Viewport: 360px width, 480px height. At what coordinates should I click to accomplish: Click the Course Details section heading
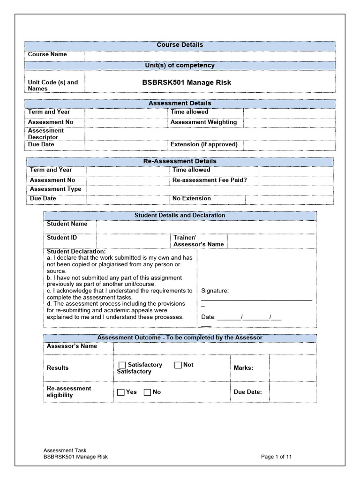180,45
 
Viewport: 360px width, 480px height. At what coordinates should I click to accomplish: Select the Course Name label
47,54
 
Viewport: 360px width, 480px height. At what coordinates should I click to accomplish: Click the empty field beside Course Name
210,56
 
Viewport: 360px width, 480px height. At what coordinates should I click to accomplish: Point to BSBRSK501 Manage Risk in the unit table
187,82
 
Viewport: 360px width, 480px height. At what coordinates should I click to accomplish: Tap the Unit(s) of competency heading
180,66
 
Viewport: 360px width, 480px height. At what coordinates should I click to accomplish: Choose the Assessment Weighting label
203,122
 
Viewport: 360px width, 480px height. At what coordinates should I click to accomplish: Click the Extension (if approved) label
204,144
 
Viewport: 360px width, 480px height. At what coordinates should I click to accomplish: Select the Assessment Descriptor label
46,134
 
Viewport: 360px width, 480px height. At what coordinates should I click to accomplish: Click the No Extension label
192,198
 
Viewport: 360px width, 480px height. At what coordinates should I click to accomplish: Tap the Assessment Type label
55,189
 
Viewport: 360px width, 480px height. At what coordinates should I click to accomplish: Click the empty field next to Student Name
206,227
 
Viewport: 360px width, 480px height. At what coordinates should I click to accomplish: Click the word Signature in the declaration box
215,291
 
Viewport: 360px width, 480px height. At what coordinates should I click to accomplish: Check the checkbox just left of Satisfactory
122,365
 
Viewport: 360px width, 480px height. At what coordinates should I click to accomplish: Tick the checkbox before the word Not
178,365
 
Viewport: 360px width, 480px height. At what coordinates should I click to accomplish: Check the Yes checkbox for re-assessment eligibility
121,392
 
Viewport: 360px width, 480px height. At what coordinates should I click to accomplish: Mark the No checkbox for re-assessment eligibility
147,392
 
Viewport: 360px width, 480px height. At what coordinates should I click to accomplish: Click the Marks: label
243,368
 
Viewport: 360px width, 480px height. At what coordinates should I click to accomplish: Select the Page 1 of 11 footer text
277,457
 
